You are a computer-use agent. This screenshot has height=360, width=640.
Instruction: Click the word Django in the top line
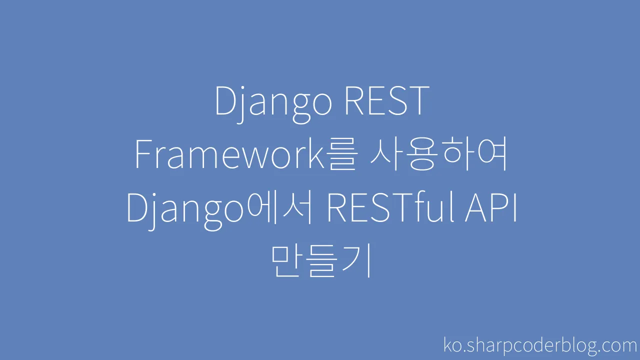(273, 104)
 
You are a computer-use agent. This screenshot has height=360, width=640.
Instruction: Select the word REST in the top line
(387, 100)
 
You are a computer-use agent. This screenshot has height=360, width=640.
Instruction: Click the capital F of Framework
(143, 154)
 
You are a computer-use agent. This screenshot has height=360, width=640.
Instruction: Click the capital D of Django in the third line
(137, 207)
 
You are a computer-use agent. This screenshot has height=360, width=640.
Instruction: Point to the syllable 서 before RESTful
(296, 207)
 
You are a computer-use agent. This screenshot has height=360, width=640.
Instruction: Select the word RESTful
(391, 207)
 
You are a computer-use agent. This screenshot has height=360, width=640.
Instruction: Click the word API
(491, 207)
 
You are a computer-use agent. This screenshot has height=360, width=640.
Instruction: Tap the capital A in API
(476, 207)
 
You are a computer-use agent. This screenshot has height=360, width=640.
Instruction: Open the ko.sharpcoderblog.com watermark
(540, 345)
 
